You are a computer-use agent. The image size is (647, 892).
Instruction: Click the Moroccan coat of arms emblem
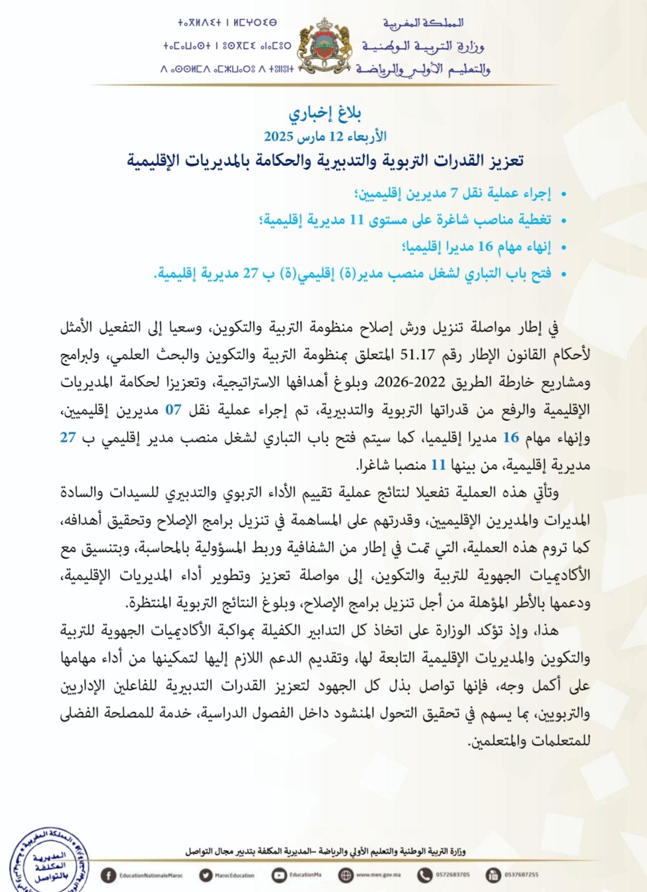[x=324, y=46]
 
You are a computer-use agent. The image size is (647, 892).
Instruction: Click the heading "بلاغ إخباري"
[x=324, y=113]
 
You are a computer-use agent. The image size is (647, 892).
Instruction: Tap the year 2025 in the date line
[x=278, y=137]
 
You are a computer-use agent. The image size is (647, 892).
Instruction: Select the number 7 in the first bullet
[x=454, y=193]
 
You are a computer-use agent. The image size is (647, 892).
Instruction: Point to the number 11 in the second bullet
[x=357, y=219]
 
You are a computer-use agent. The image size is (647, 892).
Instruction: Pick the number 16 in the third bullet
[x=485, y=246]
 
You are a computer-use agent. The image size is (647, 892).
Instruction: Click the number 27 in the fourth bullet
[x=250, y=273]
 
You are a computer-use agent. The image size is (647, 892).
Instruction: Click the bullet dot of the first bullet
[x=564, y=194]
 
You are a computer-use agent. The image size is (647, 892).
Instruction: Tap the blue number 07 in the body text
[x=173, y=410]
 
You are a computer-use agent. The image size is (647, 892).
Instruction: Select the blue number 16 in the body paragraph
[x=511, y=437]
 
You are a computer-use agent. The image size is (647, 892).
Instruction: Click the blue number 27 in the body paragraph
[x=68, y=437]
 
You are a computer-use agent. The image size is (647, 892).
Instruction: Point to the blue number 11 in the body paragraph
[x=438, y=465]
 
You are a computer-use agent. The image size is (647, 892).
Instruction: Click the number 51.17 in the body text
[x=417, y=355]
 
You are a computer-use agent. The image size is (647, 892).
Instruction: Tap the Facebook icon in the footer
[x=108, y=875]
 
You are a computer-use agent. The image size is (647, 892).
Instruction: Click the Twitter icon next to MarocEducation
[x=206, y=875]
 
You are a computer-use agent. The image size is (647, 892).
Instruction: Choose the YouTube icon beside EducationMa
[x=279, y=875]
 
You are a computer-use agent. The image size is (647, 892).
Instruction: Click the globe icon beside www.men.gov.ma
[x=346, y=875]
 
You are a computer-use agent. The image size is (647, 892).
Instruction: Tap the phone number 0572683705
[x=453, y=875]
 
